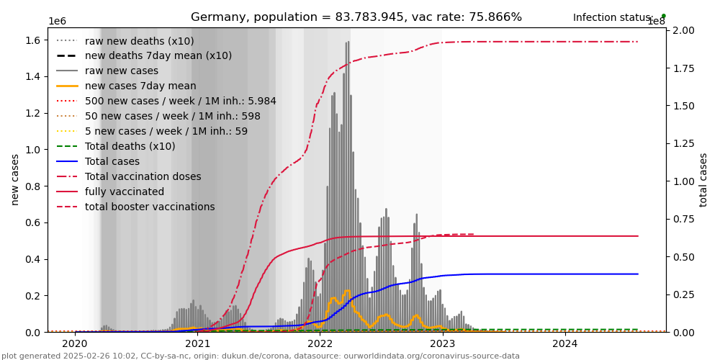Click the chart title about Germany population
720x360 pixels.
(x=356, y=17)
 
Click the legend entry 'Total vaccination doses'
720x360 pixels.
(x=143, y=176)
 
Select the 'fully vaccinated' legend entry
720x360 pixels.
(x=124, y=192)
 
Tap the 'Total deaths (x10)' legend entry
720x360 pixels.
(x=130, y=146)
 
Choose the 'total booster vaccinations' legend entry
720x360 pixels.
(x=150, y=207)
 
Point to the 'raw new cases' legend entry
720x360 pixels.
(x=121, y=71)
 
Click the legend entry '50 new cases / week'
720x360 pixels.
(x=173, y=116)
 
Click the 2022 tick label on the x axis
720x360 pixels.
(x=320, y=343)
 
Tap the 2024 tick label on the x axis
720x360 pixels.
(x=565, y=343)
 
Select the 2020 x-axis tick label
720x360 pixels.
(x=75, y=343)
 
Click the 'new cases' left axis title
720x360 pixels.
(x=15, y=179)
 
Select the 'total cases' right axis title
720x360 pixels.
(x=703, y=179)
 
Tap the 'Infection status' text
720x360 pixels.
(x=613, y=17)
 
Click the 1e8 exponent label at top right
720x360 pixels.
(x=656, y=22)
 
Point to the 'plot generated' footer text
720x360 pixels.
(x=260, y=356)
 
